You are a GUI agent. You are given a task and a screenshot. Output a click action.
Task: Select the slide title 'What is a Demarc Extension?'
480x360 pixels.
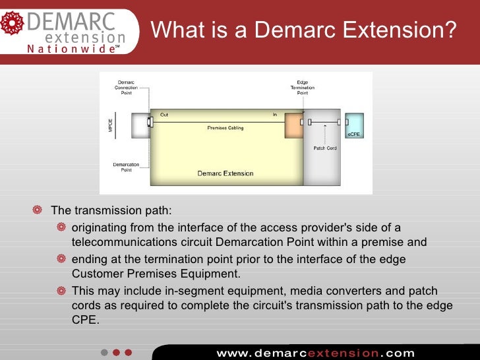pos(304,30)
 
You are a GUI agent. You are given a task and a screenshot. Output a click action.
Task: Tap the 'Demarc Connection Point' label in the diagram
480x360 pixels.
pos(126,88)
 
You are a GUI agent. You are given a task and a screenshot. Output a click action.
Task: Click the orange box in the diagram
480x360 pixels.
pos(293,125)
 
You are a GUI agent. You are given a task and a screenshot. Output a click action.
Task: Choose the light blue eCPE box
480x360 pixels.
pos(354,125)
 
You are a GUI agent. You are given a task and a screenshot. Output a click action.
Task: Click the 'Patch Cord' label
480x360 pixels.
pos(324,148)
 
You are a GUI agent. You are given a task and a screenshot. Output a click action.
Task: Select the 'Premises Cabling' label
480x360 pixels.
pos(225,128)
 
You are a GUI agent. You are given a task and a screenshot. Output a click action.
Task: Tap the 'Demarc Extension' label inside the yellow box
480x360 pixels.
pos(225,173)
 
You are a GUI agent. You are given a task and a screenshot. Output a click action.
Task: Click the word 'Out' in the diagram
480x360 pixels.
pos(164,115)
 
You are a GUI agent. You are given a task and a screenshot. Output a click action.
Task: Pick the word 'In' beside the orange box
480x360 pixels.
pos(275,115)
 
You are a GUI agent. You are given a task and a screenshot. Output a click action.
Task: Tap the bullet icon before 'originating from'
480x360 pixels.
pos(61,227)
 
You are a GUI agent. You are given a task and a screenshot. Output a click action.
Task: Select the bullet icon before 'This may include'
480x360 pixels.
pos(61,291)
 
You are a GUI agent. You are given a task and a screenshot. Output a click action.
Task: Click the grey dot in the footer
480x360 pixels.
pos(104,352)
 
